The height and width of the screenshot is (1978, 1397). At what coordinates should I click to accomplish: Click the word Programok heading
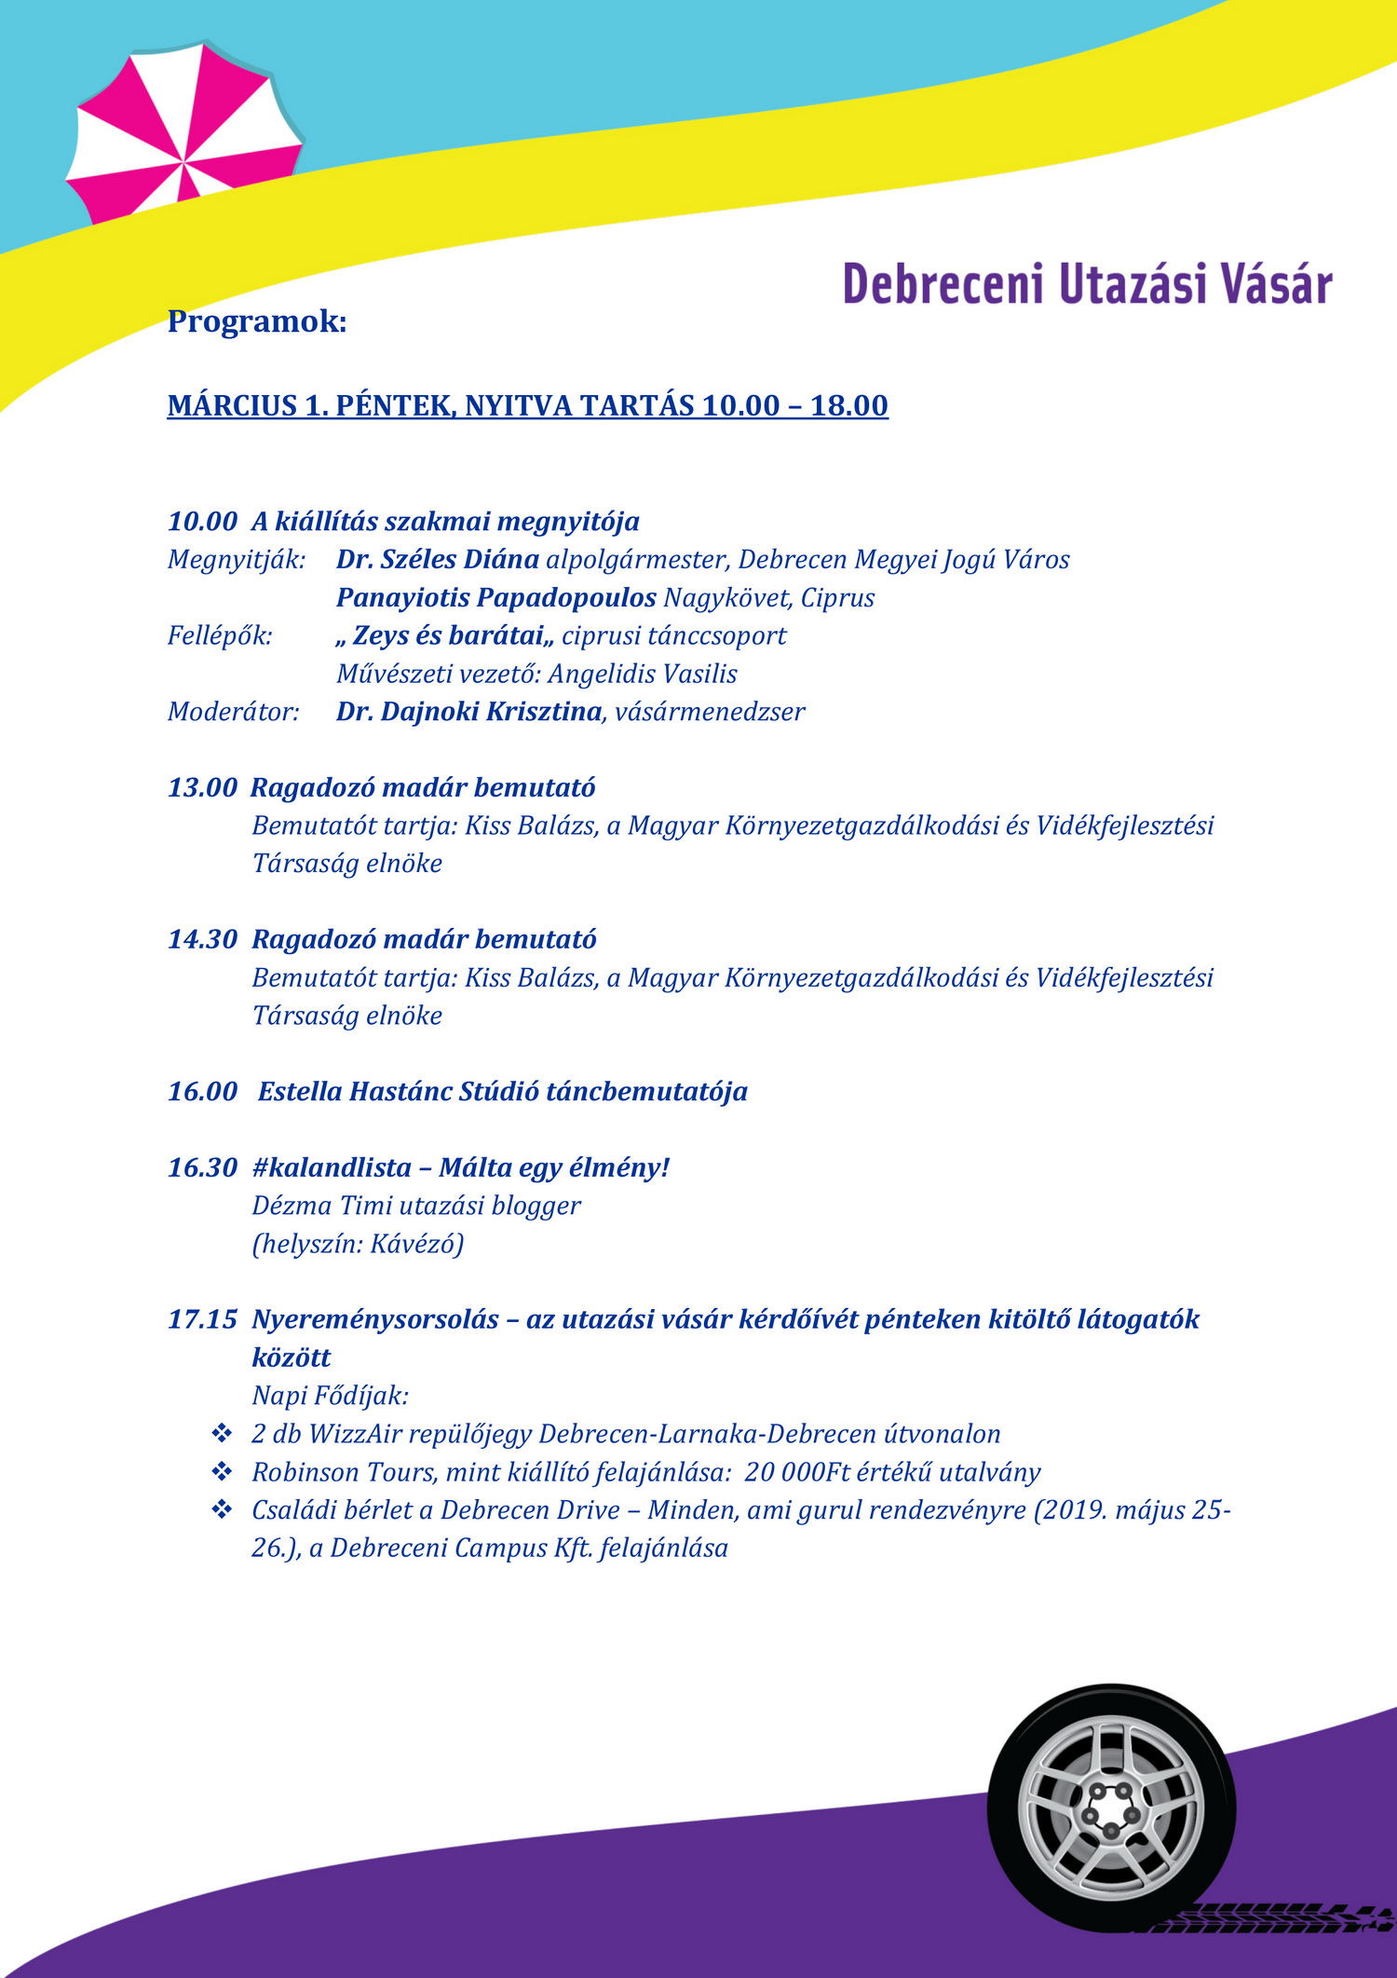(257, 321)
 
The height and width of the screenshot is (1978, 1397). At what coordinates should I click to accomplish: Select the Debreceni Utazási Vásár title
(1087, 284)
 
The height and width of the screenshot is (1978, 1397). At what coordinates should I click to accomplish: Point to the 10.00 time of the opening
(202, 521)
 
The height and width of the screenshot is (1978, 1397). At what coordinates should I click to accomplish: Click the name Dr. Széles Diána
(438, 559)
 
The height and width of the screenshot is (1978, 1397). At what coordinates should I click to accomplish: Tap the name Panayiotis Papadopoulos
(496, 597)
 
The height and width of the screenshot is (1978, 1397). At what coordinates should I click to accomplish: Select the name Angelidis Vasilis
(643, 674)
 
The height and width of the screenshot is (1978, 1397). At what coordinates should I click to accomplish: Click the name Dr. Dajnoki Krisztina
(469, 712)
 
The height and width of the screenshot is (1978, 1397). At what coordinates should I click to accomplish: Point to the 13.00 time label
(202, 787)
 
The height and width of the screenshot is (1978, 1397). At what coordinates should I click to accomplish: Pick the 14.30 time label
(202, 939)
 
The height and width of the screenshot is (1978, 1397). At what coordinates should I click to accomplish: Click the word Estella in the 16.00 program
(300, 1091)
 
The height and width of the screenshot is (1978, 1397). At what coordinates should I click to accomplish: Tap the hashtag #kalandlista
(332, 1167)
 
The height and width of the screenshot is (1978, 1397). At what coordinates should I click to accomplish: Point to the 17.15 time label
(202, 1319)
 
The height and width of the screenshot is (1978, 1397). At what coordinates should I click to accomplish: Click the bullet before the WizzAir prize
(222, 1433)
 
